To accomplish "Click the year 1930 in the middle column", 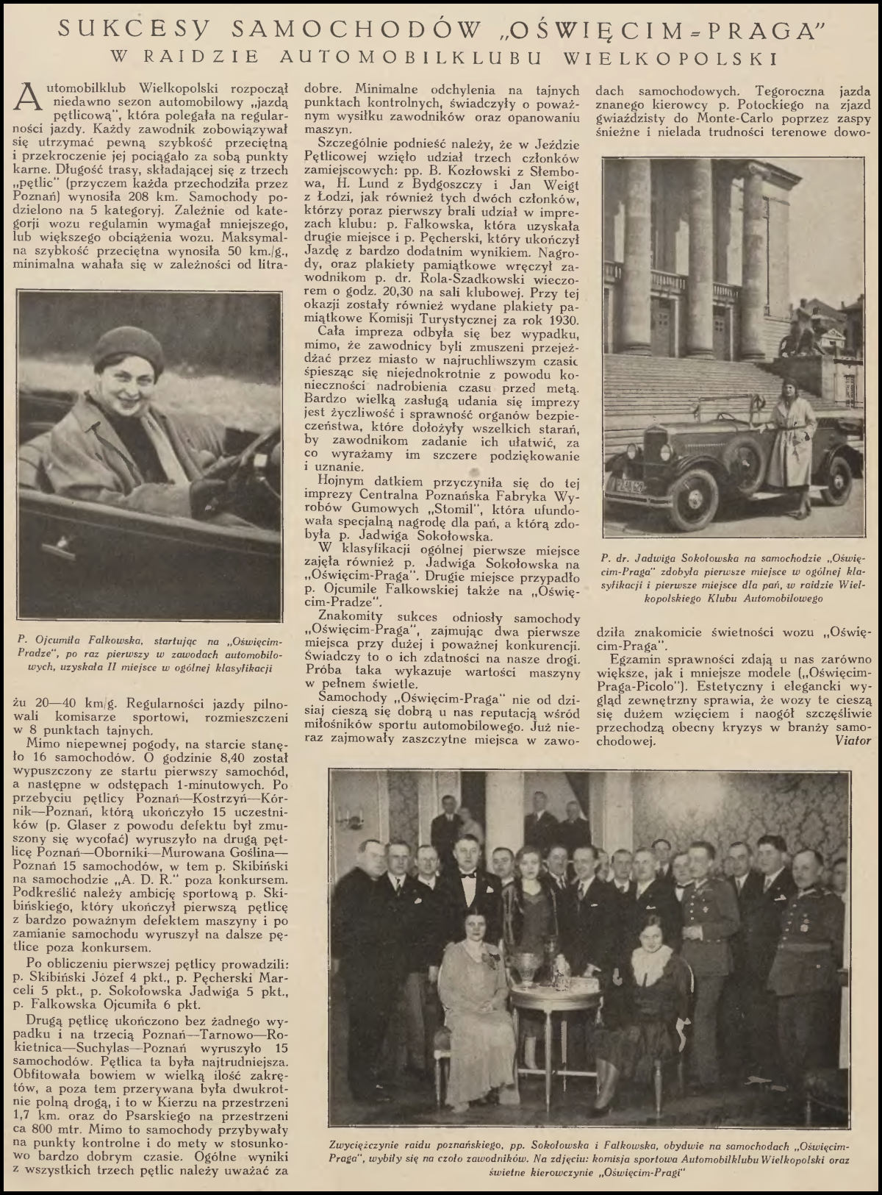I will [562, 321].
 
